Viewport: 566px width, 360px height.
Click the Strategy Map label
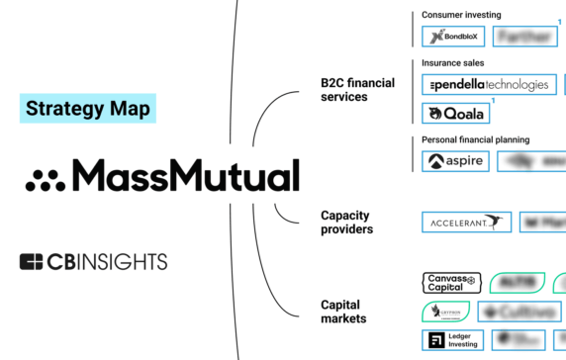(x=88, y=108)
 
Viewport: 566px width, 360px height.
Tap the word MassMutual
(x=185, y=177)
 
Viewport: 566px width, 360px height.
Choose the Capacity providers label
(x=346, y=223)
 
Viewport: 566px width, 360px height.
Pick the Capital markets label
(x=343, y=312)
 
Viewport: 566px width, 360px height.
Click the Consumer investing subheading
(x=461, y=15)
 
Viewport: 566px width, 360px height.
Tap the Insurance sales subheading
(x=455, y=62)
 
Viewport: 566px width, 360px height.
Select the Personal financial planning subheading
(x=475, y=139)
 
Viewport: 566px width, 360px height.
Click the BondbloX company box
(x=453, y=38)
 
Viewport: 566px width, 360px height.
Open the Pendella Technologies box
(x=487, y=85)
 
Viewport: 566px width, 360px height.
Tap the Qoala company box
(x=455, y=114)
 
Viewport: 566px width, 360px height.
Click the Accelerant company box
(x=466, y=223)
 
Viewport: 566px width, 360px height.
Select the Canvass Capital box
(x=451, y=284)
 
